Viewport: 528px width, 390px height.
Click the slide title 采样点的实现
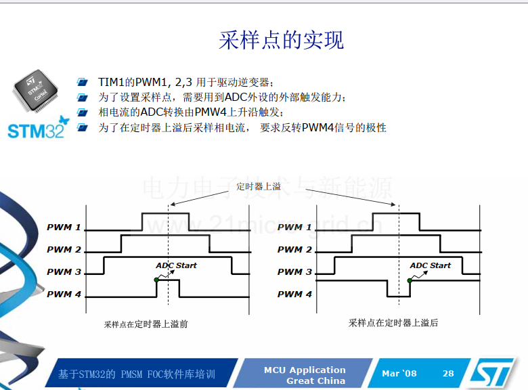click(x=281, y=40)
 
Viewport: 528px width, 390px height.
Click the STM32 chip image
click(x=36, y=91)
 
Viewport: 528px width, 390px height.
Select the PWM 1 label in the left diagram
click(x=64, y=227)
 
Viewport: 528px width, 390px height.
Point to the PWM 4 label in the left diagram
click(x=64, y=294)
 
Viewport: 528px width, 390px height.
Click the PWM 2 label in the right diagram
click(x=294, y=250)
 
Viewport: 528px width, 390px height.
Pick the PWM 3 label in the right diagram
click(x=294, y=272)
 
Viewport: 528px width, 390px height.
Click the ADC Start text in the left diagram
click(x=176, y=265)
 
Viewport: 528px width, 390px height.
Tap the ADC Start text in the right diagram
click(x=430, y=265)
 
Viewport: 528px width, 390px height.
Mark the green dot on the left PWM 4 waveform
click(x=156, y=280)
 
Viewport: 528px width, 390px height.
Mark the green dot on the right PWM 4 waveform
click(x=410, y=280)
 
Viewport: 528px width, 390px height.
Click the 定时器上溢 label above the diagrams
click(x=259, y=186)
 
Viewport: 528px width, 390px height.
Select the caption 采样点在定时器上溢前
click(x=146, y=324)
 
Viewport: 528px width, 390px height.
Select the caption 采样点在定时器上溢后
click(x=393, y=323)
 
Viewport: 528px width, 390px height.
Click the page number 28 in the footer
click(x=448, y=374)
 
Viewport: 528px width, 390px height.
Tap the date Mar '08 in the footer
click(x=399, y=374)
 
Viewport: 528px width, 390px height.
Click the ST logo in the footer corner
click(x=492, y=372)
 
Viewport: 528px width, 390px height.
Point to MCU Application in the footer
click(x=305, y=370)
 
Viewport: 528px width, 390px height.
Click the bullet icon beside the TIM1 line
click(x=82, y=82)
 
